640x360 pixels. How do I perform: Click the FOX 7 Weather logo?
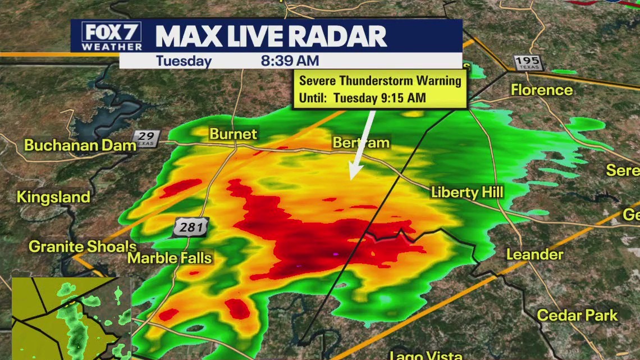pyautogui.click(x=111, y=37)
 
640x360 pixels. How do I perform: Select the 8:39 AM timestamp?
pyautogui.click(x=290, y=61)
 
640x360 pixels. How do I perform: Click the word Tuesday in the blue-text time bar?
pyautogui.click(x=184, y=61)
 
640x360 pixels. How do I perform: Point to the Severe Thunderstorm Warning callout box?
pyautogui.click(x=380, y=89)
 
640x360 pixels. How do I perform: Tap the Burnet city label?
pyautogui.click(x=233, y=134)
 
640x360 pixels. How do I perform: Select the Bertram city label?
pyautogui.click(x=361, y=143)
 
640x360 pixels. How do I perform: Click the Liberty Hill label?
pyautogui.click(x=467, y=192)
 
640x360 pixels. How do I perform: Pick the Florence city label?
pyautogui.click(x=542, y=90)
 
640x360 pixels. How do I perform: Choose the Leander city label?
pyautogui.click(x=534, y=254)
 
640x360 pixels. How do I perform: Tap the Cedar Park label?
pyautogui.click(x=577, y=315)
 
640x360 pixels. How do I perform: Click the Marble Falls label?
pyautogui.click(x=170, y=258)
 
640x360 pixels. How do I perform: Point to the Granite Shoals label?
pyautogui.click(x=83, y=246)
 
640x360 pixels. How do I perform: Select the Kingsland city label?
pyautogui.click(x=53, y=197)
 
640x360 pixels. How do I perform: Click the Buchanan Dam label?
pyautogui.click(x=80, y=145)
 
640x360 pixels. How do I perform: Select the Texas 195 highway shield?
pyautogui.click(x=528, y=62)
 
